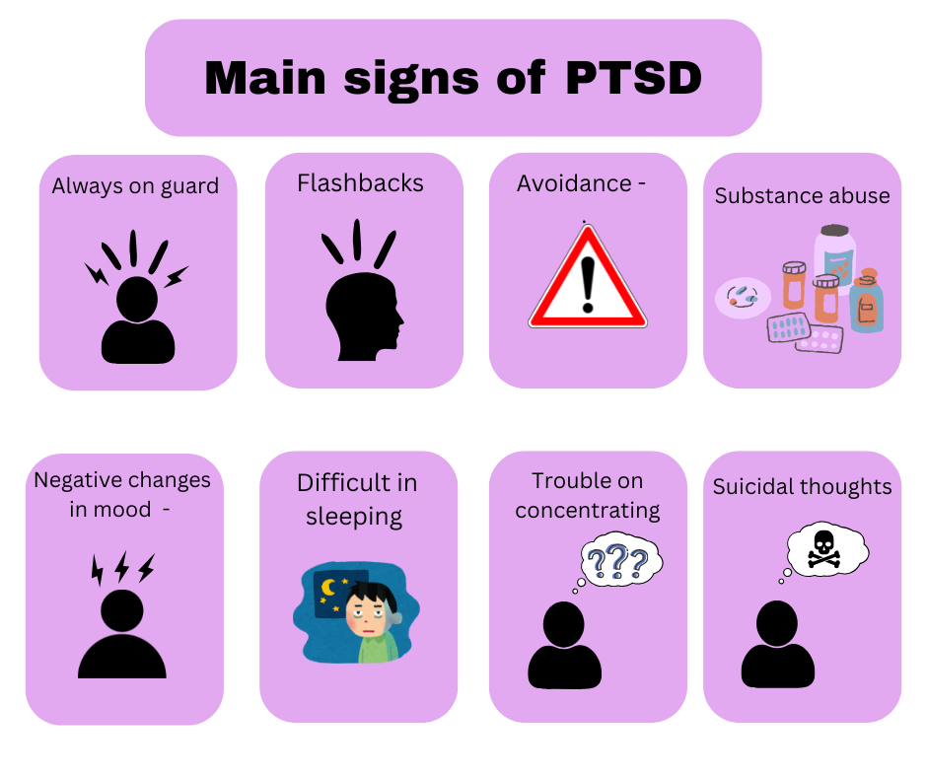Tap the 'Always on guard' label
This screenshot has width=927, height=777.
coord(135,185)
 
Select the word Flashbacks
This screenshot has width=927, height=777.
coord(360,183)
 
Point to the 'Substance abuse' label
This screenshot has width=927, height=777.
coord(802,195)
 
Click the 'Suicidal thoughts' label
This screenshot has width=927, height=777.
coord(802,486)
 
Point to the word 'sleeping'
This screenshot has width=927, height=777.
coord(354,517)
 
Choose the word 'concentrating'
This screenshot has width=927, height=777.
coord(587,511)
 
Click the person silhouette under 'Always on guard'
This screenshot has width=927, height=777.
coord(138,320)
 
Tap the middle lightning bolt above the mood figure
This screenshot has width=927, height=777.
coord(122,567)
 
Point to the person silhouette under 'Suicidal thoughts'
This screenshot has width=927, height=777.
coord(777,646)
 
